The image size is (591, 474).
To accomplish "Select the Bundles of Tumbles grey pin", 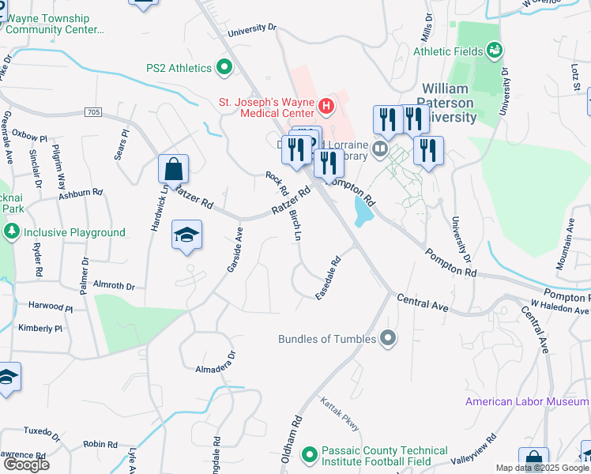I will [x=388, y=339].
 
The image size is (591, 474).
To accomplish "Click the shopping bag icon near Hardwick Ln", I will [x=173, y=170].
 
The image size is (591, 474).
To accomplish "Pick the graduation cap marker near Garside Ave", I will [x=186, y=236].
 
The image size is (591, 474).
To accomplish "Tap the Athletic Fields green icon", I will [x=495, y=51].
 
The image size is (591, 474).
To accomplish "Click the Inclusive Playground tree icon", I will [x=12, y=232].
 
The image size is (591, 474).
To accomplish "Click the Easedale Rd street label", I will [x=328, y=276].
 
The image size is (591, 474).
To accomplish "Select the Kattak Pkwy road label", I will [x=340, y=415].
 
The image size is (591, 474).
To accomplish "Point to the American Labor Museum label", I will [x=527, y=401].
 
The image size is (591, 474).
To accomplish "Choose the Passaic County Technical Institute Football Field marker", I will [x=309, y=455].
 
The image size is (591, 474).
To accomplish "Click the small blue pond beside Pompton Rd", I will [x=363, y=211].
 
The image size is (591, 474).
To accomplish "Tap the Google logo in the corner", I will [x=26, y=465].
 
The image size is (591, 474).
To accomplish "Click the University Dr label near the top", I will [x=253, y=31].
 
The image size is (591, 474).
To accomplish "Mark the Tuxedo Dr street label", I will [x=42, y=433].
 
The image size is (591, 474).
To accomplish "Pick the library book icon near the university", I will [x=381, y=147].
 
